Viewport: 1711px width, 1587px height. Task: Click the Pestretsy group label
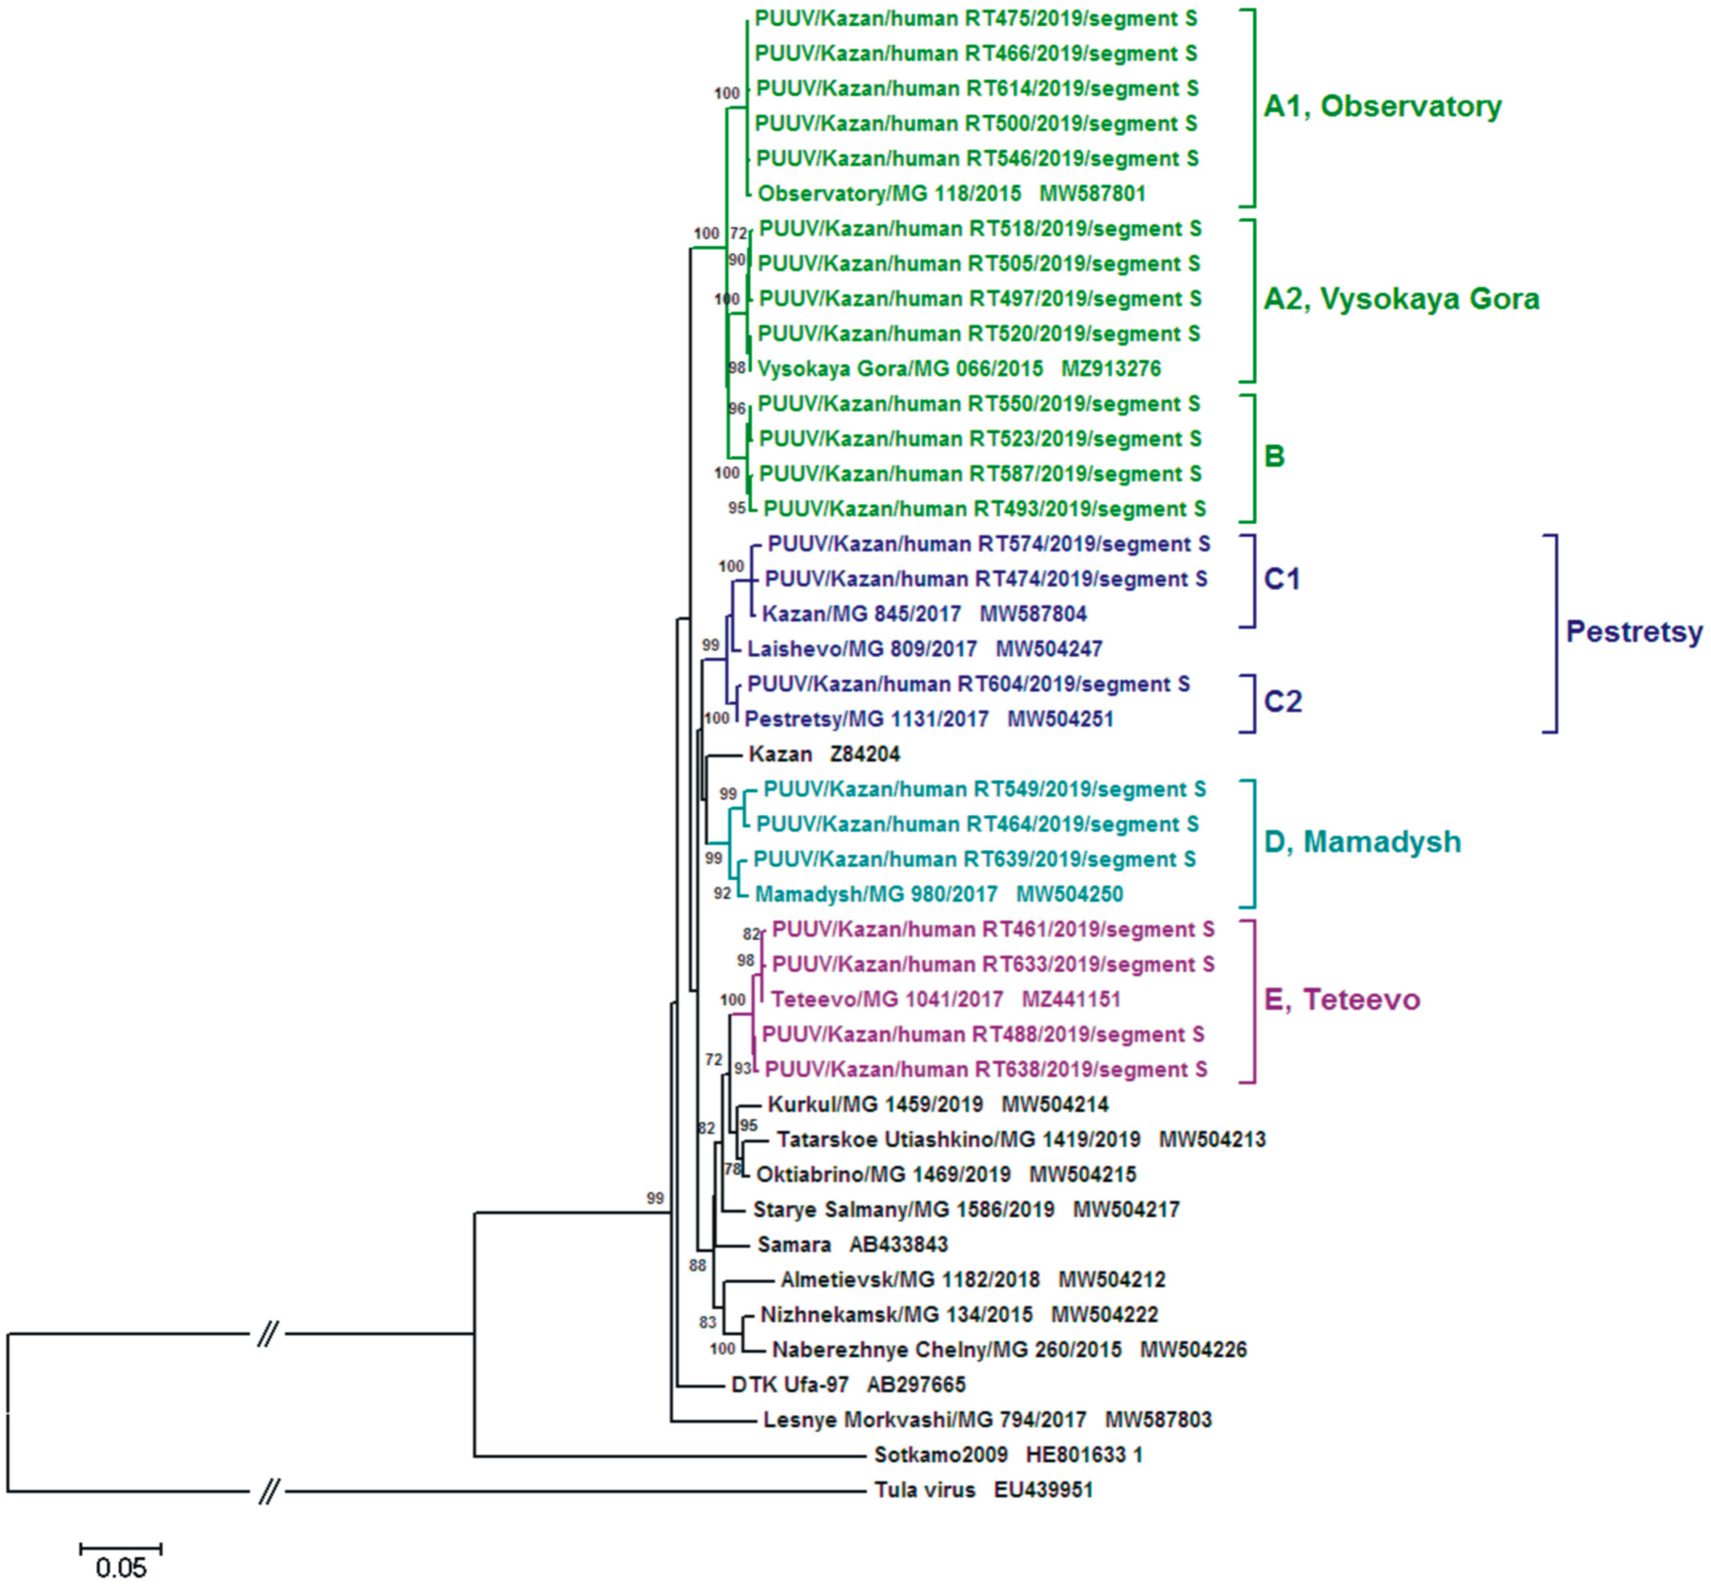click(x=1634, y=632)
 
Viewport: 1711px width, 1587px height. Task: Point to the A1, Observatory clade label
click(x=1382, y=107)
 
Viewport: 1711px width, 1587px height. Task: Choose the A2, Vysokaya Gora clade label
click(x=1401, y=299)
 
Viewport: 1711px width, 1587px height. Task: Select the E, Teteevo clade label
click(x=1342, y=999)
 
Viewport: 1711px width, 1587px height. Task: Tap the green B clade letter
click(x=1274, y=456)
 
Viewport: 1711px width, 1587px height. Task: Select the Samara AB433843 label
click(x=852, y=1244)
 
